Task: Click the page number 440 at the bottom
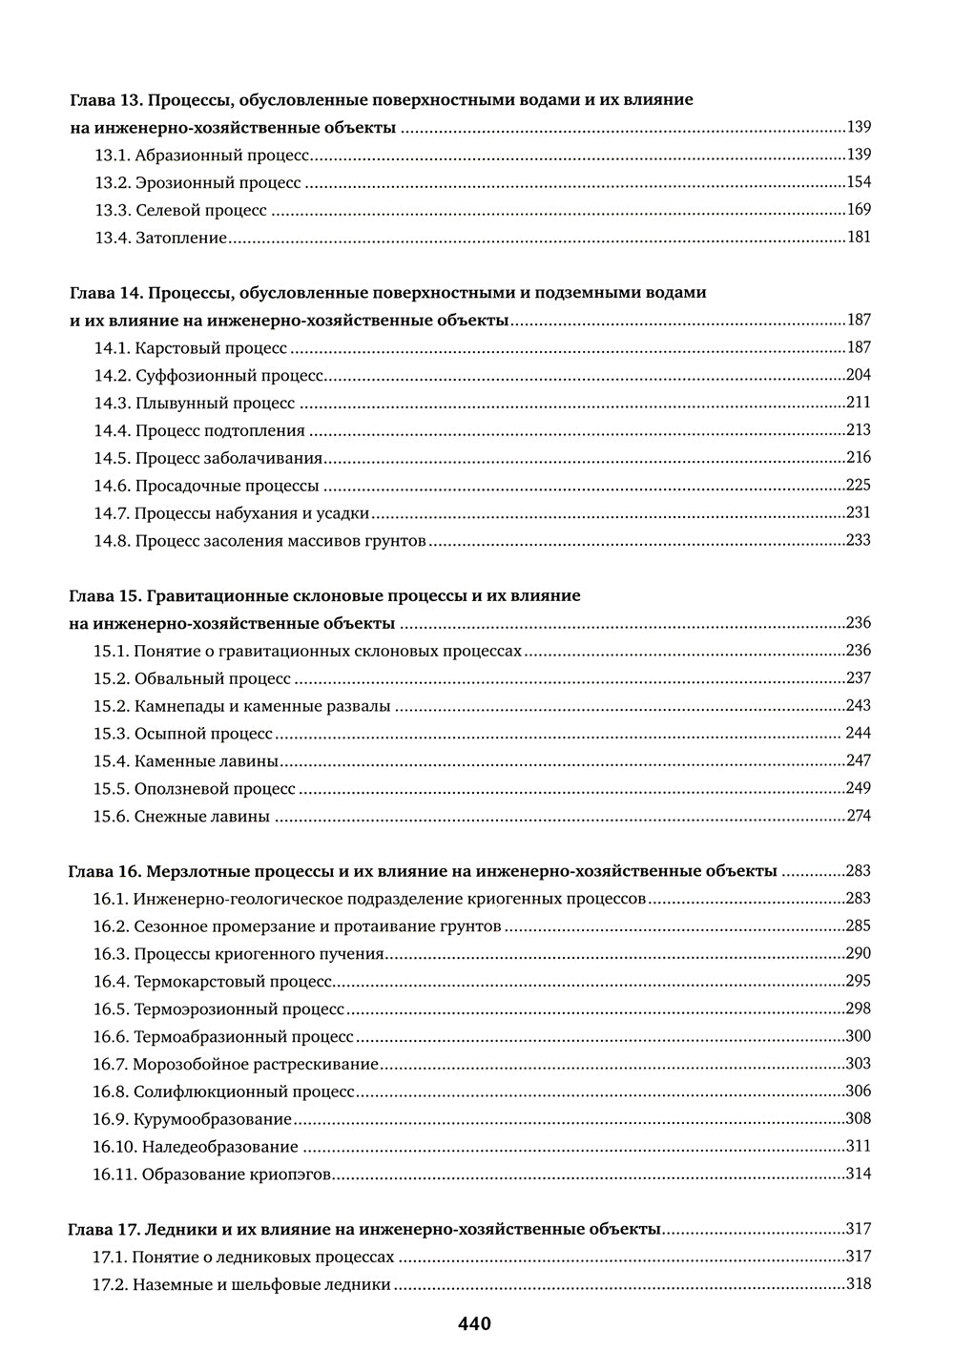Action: pos(474,1324)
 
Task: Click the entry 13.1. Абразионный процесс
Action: pos(202,155)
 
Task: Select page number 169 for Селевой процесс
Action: pos(859,210)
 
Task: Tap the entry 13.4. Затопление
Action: pos(160,238)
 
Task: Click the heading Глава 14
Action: pos(388,293)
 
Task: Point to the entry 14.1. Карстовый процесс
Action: pos(191,348)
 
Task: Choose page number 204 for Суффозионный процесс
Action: pos(859,375)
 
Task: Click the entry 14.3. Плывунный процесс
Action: pos(195,403)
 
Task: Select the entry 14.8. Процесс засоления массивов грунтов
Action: pos(259,541)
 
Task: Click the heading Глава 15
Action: pos(325,596)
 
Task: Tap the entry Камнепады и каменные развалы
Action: pos(242,706)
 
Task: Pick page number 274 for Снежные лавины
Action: pos(859,816)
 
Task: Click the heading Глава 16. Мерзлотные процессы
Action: pos(423,871)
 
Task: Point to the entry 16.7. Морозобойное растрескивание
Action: pos(236,1064)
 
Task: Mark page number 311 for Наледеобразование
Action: pos(859,1146)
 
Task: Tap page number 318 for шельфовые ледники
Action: pos(859,1283)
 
